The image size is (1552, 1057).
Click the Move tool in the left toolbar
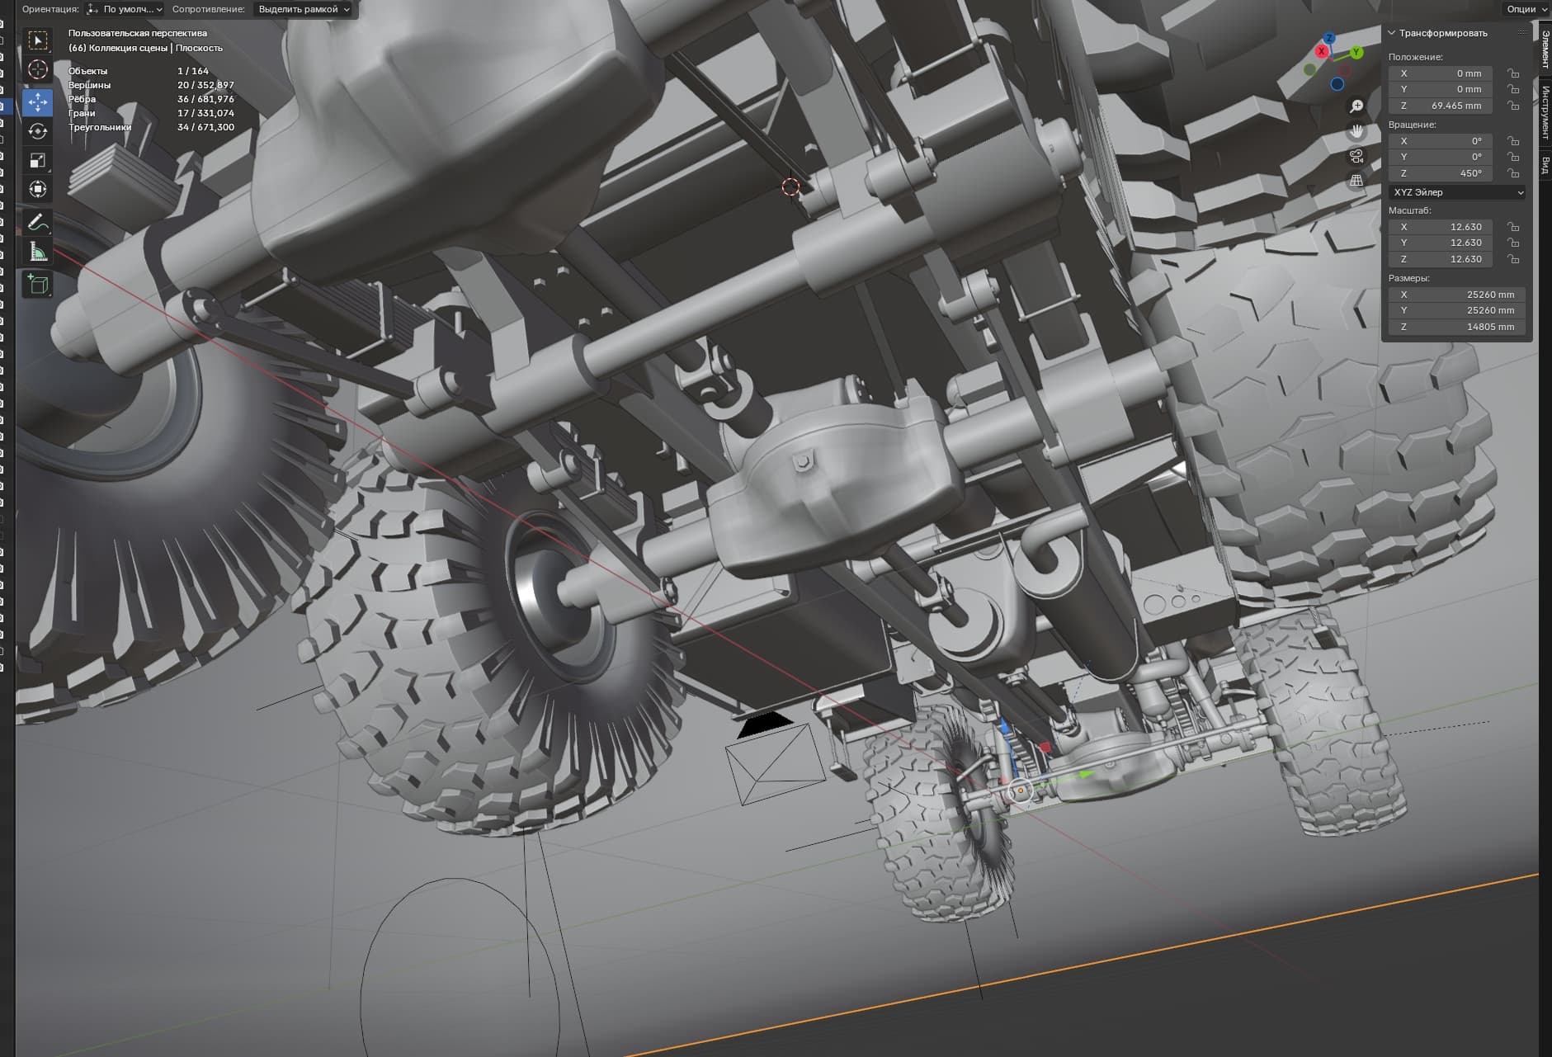(x=38, y=102)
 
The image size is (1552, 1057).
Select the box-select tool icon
(x=38, y=40)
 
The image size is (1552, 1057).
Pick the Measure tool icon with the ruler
(x=38, y=251)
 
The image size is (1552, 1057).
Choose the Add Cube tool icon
(x=38, y=285)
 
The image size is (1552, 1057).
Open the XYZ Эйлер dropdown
(x=1457, y=192)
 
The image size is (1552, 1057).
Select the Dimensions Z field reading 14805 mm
(x=1457, y=327)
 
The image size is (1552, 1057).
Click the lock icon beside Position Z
(x=1513, y=106)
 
